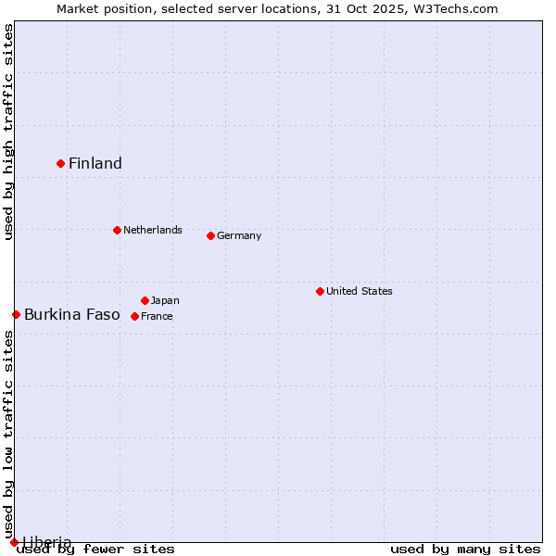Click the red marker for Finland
tap(61, 163)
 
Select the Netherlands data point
tap(117, 230)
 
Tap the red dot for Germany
tap(210, 235)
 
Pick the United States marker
tap(320, 291)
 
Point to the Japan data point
tap(145, 300)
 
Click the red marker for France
tap(134, 316)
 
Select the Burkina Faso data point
tap(16, 314)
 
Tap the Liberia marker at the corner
tap(14, 542)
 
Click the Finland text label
tap(95, 164)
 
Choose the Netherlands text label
tap(153, 230)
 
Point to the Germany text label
tap(239, 235)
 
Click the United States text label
tap(360, 291)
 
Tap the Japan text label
tap(165, 300)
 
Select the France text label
tap(157, 316)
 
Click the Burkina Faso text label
tap(72, 315)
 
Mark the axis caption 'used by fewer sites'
tap(96, 550)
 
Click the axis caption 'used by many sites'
tap(465, 550)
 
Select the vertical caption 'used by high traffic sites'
tap(8, 133)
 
